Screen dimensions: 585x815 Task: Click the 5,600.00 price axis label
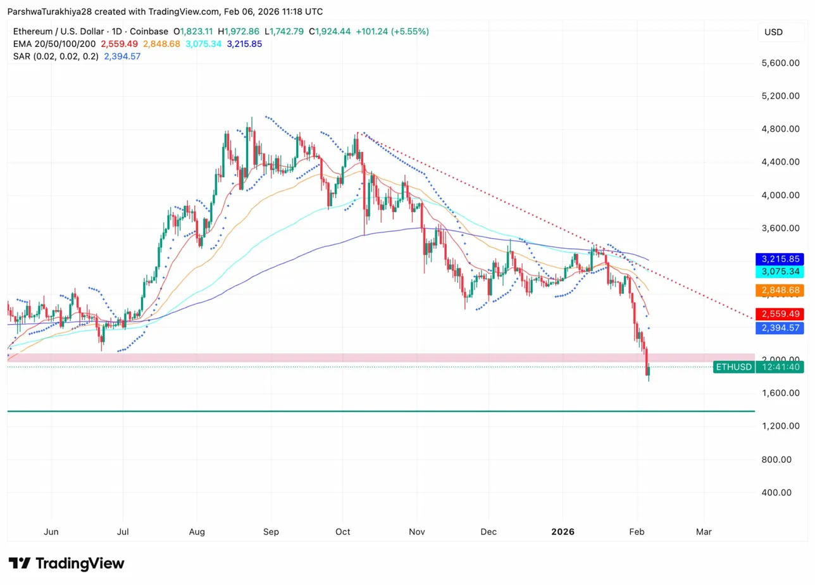click(781, 63)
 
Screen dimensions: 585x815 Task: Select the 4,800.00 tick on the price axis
click(781, 129)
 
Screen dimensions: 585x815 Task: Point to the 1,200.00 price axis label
click(781, 426)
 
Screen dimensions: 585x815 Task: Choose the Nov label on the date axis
click(416, 532)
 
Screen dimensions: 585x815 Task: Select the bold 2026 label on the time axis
click(562, 532)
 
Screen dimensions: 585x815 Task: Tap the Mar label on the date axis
click(704, 532)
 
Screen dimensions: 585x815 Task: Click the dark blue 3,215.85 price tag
click(779, 259)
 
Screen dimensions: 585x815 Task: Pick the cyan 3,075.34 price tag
click(779, 272)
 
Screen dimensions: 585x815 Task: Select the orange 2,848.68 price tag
click(779, 291)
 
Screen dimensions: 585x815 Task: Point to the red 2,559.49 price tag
click(779, 314)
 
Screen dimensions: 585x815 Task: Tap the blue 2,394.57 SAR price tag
click(779, 328)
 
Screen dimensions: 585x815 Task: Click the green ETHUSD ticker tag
click(733, 367)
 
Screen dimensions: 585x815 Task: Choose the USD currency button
click(773, 32)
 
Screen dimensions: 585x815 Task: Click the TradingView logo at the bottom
click(66, 563)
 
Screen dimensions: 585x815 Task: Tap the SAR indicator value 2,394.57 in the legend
click(123, 56)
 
